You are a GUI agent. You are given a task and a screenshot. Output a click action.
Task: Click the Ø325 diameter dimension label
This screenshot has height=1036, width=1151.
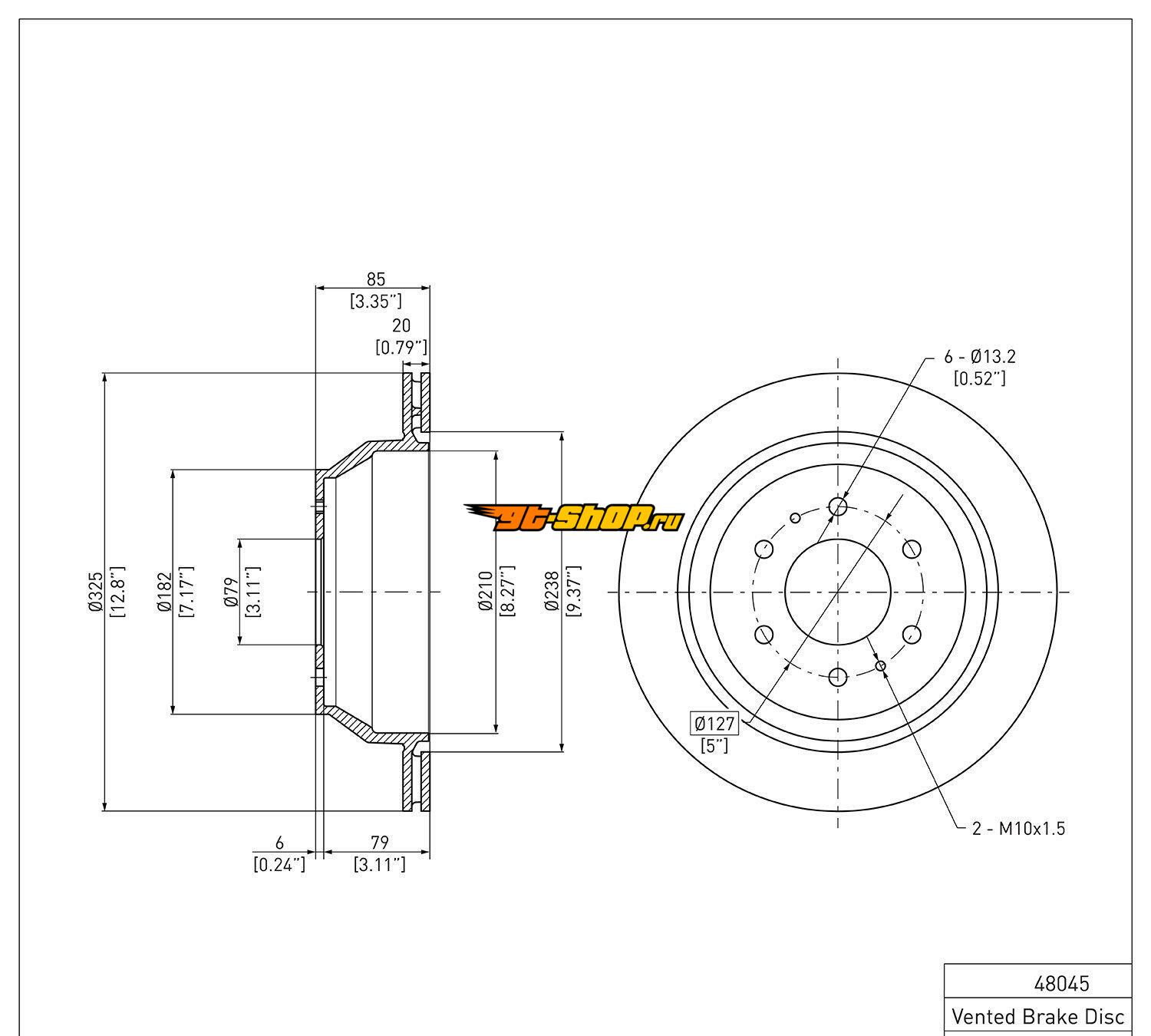pyautogui.click(x=96, y=592)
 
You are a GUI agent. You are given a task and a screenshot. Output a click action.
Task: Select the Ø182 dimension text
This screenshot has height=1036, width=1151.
pyautogui.click(x=165, y=592)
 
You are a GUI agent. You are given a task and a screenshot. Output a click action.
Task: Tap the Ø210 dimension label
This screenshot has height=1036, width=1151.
pyautogui.click(x=486, y=591)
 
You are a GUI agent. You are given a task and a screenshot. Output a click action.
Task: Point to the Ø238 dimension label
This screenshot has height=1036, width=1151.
pyautogui.click(x=552, y=591)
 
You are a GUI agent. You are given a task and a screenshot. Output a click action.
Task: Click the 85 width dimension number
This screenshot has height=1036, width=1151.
pyautogui.click(x=376, y=279)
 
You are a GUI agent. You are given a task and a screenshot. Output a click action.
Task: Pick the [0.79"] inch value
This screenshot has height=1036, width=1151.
pyautogui.click(x=401, y=347)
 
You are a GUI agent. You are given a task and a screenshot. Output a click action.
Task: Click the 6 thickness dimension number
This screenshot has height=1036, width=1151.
pyautogui.click(x=279, y=843)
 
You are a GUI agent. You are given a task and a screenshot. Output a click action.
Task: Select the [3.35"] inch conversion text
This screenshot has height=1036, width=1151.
pyautogui.click(x=376, y=301)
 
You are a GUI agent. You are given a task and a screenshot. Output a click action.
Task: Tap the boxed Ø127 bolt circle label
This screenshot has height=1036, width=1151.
pyautogui.click(x=714, y=723)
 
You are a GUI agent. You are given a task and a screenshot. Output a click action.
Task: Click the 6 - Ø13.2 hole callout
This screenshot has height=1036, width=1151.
pyautogui.click(x=980, y=356)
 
